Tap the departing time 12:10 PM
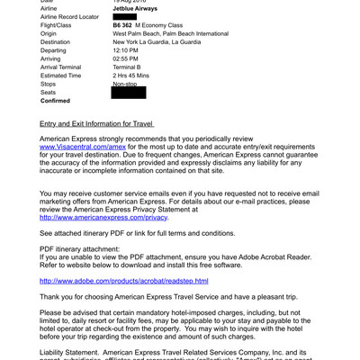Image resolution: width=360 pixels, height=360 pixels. tap(127, 51)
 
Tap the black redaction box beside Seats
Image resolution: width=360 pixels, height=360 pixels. tap(128, 93)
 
